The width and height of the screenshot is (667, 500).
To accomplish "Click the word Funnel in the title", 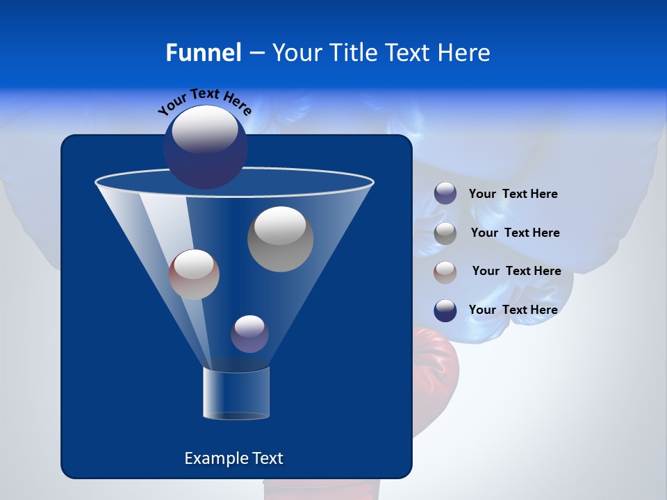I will [x=203, y=53].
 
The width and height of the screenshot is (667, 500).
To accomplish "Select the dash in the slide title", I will [x=256, y=53].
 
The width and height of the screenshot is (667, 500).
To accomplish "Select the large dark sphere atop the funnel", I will [x=206, y=147].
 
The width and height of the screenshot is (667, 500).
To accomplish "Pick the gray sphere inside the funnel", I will [x=281, y=239].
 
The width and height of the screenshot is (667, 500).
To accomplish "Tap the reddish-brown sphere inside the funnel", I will [x=194, y=274].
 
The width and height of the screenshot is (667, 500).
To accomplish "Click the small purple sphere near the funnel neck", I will [x=249, y=334].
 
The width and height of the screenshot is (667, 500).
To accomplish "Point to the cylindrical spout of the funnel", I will [x=236, y=393].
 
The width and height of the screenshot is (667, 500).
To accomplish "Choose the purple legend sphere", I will [x=445, y=194].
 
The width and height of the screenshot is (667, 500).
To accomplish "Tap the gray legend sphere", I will [x=445, y=233].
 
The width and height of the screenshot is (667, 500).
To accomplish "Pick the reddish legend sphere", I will [x=445, y=272].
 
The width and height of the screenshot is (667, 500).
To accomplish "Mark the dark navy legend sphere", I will [x=445, y=310].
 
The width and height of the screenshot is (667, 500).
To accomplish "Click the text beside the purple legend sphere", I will [x=513, y=194].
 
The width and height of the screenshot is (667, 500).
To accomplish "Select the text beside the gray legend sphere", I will [x=515, y=233].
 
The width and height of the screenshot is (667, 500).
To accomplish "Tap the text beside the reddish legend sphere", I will [x=516, y=271].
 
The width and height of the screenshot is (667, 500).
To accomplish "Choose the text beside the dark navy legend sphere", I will [x=513, y=310].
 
